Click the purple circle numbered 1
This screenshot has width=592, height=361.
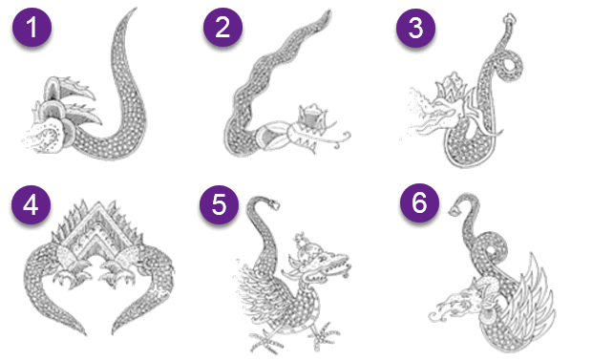point(32,27)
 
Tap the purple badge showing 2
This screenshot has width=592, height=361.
point(222,27)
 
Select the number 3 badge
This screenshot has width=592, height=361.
point(415,28)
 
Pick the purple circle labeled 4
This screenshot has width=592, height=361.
point(31,204)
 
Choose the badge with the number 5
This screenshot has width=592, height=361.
point(219,204)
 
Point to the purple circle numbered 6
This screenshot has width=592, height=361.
point(419,202)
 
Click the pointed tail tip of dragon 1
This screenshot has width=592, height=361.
point(135,9)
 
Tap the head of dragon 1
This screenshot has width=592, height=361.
point(56,121)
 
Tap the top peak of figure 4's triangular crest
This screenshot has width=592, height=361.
point(99,203)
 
